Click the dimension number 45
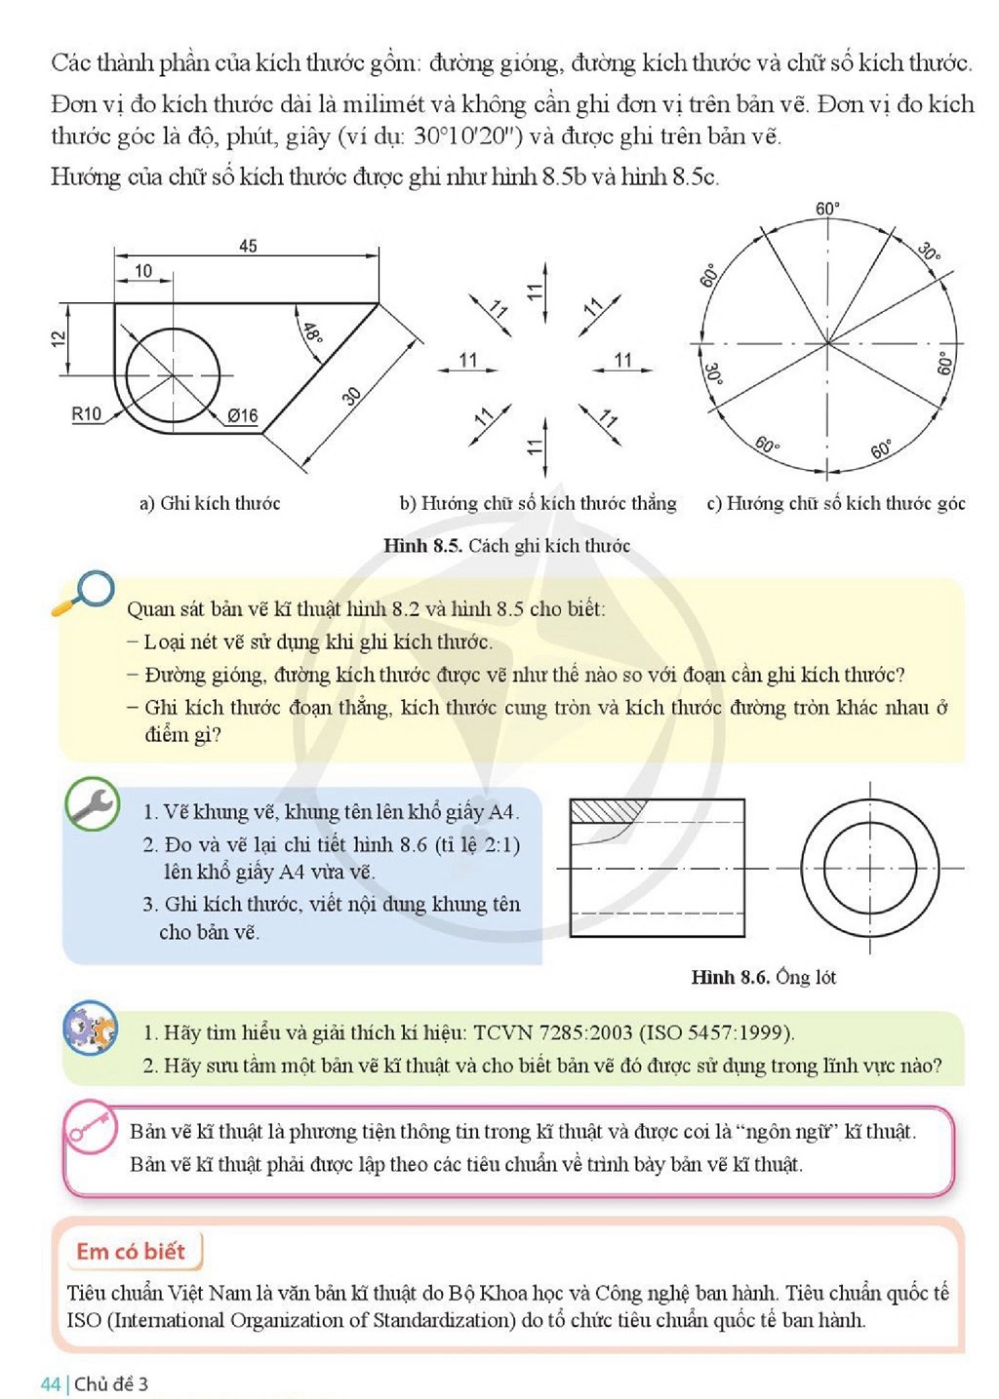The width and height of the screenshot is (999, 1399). pos(248,246)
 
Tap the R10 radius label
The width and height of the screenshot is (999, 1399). pos(86,414)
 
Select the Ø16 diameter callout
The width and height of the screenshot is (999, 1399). pos(243,415)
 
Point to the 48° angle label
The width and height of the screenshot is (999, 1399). pos(312,333)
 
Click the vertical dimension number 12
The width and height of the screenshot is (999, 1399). pos(59,338)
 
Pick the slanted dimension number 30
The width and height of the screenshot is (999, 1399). pos(352,396)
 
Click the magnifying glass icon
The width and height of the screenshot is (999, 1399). pos(84,593)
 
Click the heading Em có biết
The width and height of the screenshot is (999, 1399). pos(131,1251)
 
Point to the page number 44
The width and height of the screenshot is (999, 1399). pos(50,1384)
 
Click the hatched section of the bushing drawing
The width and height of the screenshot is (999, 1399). pos(608,811)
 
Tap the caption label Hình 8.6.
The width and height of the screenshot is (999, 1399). pos(730,977)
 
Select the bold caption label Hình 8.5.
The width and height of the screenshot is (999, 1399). pos(422,545)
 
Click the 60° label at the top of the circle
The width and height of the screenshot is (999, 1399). pos(827,209)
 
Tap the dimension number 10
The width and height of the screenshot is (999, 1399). pos(143,271)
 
